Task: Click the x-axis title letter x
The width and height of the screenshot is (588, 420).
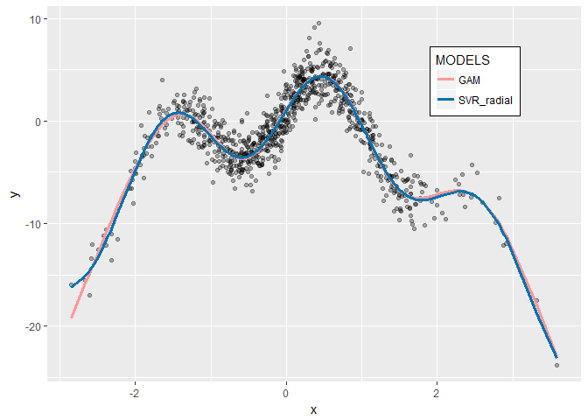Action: (x=313, y=409)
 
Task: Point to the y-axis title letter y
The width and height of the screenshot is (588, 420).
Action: (x=15, y=194)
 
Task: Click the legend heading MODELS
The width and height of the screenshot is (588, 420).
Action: (x=462, y=61)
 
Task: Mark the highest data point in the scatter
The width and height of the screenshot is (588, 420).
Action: (x=318, y=24)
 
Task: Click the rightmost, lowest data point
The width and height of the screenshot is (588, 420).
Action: (x=556, y=364)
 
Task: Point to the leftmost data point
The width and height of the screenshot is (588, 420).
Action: (x=72, y=285)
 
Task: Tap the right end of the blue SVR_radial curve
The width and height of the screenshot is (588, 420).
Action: (x=556, y=356)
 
